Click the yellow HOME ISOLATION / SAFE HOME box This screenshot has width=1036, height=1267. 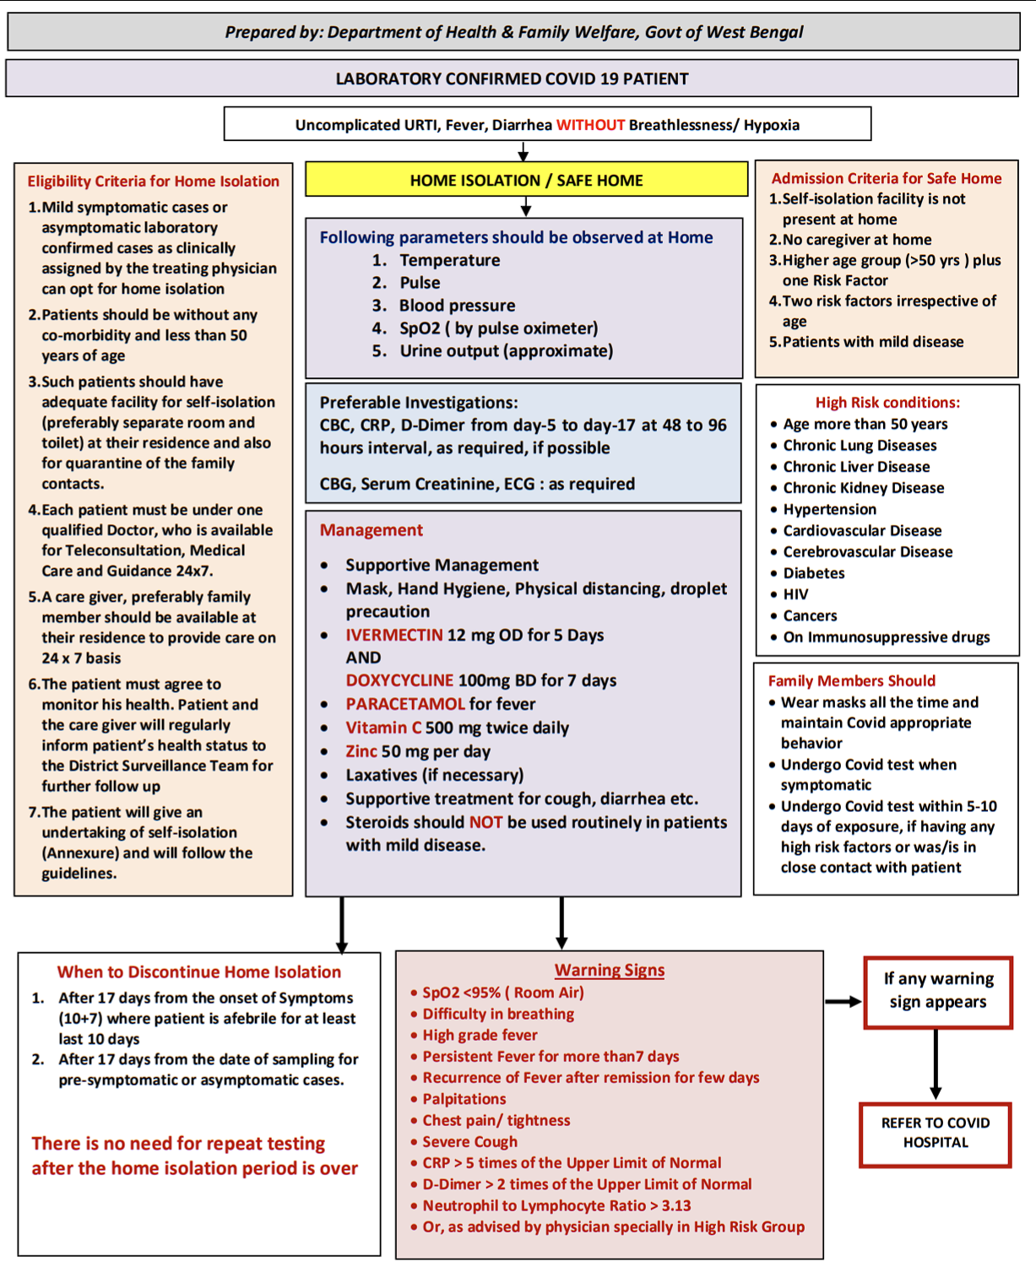click(x=526, y=180)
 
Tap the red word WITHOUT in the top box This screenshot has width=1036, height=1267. click(x=590, y=125)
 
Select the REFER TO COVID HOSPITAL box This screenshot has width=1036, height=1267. click(x=936, y=1133)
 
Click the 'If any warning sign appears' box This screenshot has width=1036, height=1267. click(x=938, y=991)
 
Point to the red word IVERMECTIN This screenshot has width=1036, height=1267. click(x=394, y=635)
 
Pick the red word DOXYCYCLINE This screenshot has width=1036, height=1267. click(x=399, y=680)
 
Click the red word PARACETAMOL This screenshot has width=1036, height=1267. click(x=405, y=704)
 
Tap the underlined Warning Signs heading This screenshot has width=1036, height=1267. click(x=609, y=971)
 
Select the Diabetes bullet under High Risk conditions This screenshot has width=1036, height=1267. click(x=813, y=573)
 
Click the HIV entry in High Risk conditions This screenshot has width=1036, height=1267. click(x=795, y=594)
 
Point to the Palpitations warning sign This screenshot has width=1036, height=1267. click(x=464, y=1099)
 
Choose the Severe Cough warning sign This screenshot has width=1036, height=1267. click(x=469, y=1142)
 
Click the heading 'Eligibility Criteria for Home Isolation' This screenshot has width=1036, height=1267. click(x=153, y=181)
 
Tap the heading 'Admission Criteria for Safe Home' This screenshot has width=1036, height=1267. click(x=886, y=178)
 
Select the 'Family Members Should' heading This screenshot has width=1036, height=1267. click(x=851, y=681)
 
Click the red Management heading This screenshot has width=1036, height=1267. click(x=371, y=530)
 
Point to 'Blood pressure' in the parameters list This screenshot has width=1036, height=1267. click(x=457, y=306)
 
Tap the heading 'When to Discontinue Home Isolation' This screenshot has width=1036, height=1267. click(x=199, y=972)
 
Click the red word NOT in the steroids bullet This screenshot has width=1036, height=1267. click(x=486, y=822)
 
